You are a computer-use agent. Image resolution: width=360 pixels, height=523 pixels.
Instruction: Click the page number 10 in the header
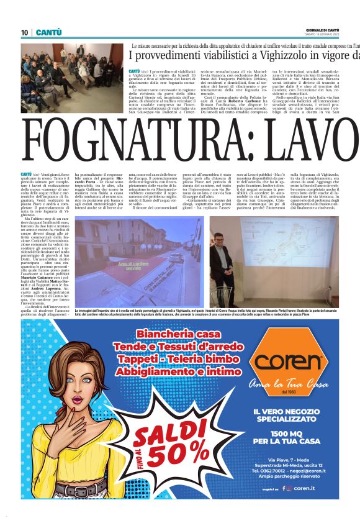point(24,32)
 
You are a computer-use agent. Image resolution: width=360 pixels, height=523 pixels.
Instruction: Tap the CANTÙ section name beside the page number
point(48,32)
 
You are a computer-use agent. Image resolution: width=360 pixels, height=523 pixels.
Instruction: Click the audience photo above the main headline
point(72,73)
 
